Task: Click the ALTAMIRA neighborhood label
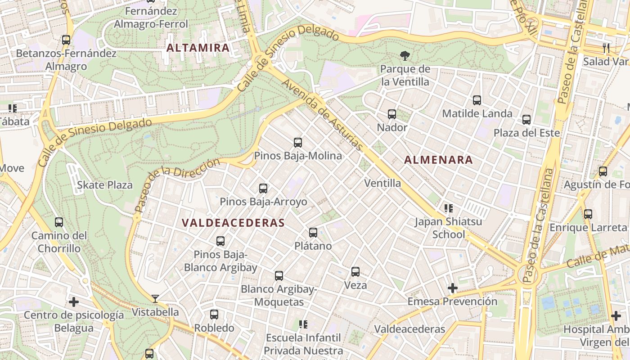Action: pyautogui.click(x=198, y=48)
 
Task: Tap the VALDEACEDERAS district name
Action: pyautogui.click(x=233, y=223)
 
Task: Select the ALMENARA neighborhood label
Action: pyautogui.click(x=438, y=160)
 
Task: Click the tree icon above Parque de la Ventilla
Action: pyautogui.click(x=405, y=56)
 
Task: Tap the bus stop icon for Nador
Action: pyautogui.click(x=392, y=114)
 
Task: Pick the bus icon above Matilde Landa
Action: pyautogui.click(x=477, y=100)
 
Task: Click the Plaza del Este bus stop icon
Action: pyautogui.click(x=526, y=120)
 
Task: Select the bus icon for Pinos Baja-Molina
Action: pyautogui.click(x=298, y=143)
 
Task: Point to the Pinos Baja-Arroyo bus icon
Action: pyautogui.click(x=263, y=189)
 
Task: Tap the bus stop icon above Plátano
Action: pyautogui.click(x=313, y=233)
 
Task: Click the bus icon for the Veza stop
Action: pyautogui.click(x=355, y=272)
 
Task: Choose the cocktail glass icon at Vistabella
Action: pyautogui.click(x=155, y=298)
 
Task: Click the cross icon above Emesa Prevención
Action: pyautogui.click(x=453, y=288)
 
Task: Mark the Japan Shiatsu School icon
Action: pyautogui.click(x=448, y=208)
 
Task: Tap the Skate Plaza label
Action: pyautogui.click(x=105, y=185)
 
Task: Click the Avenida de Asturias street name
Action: pyautogui.click(x=322, y=116)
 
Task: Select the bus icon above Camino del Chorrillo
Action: pyautogui.click(x=59, y=222)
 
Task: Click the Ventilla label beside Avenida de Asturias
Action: pyautogui.click(x=382, y=183)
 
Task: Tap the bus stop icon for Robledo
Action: pyautogui.click(x=214, y=315)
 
